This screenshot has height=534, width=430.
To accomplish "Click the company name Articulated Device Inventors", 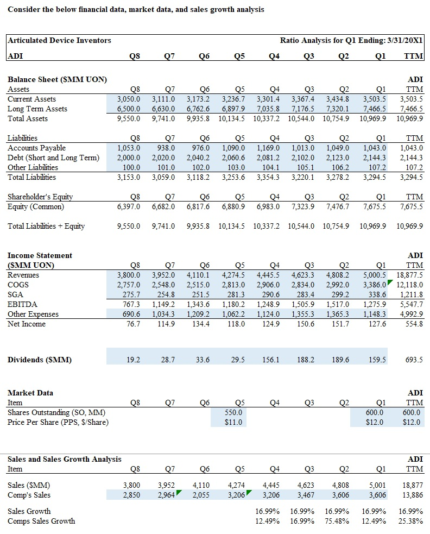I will [59, 40].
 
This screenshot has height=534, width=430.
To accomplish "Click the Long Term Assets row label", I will [37, 109].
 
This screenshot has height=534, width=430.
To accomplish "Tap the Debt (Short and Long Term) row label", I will [53, 158].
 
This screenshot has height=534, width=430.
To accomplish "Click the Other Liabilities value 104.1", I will [270, 167].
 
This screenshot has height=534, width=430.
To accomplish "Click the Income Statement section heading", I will [40, 255].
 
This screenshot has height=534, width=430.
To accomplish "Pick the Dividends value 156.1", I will [270, 360].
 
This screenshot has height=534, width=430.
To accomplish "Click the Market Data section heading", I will [30, 393].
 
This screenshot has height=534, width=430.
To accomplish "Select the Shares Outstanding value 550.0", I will [233, 412].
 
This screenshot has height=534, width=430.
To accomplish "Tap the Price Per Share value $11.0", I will [233, 422].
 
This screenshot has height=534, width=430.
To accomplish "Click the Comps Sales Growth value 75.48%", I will [339, 521].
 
